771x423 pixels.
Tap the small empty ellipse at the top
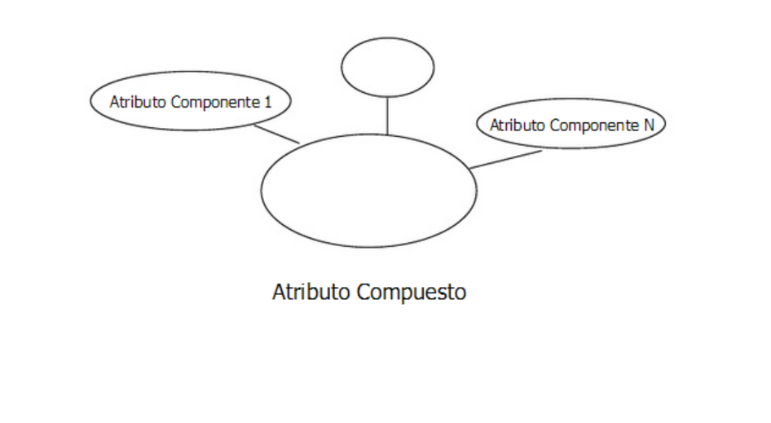pos(387,68)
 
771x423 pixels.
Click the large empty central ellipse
pos(368,190)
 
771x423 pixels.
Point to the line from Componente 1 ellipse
pos(277,134)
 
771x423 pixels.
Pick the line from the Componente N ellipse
pos(506,160)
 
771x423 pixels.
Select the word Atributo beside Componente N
pos(517,126)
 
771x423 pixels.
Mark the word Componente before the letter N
pos(593,126)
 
